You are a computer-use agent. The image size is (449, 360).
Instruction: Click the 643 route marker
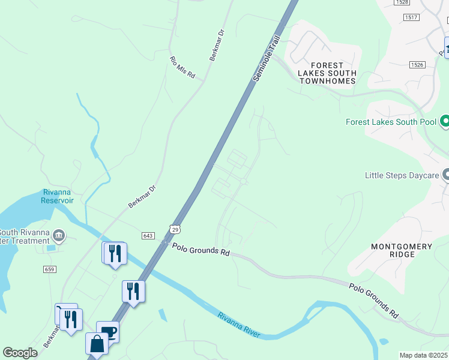148,235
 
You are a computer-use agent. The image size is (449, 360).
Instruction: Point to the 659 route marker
50,269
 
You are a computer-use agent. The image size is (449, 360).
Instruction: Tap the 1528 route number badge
402,2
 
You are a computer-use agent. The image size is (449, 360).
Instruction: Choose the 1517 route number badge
411,17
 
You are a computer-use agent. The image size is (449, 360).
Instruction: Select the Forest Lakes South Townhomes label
328,73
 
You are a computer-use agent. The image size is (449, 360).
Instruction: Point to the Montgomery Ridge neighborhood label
402,250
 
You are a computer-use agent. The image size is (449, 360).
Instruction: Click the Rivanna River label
239,324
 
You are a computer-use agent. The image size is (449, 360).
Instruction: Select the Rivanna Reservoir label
58,196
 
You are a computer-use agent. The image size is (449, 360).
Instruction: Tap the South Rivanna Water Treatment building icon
59,234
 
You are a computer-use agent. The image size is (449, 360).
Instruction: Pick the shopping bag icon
97,344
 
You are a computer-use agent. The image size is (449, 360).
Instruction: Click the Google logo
20,353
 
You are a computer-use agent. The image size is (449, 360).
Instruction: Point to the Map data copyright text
424,355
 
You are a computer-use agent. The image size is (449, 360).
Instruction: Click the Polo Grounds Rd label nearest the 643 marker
201,249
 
